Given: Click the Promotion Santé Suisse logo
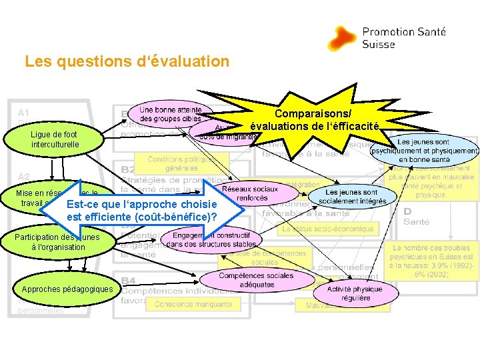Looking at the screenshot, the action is tap(387, 38).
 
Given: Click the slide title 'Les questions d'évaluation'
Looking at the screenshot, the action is tap(127, 62).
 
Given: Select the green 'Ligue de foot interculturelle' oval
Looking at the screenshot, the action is tap(55, 139).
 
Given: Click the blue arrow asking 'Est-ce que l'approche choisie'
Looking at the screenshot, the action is tap(142, 210).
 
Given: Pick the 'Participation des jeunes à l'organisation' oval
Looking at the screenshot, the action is tap(58, 242).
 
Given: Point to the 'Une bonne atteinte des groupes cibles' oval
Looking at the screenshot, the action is tap(171, 113).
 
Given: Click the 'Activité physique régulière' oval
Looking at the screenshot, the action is tap(358, 294).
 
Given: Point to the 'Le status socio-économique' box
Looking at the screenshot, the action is tap(328, 229).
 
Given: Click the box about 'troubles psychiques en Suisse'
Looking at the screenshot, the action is tap(433, 261).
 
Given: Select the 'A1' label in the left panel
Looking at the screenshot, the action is tap(24, 113).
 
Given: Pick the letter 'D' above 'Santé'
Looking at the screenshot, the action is tap(407, 211).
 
